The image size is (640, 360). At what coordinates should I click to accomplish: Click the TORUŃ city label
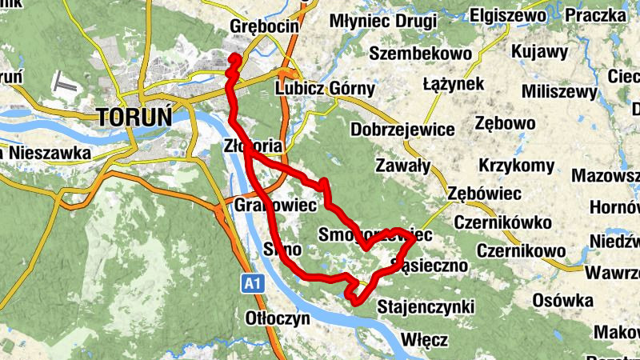(134, 117)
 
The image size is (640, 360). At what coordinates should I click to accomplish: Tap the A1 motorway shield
(253, 282)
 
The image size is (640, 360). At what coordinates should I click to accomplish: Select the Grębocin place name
(263, 26)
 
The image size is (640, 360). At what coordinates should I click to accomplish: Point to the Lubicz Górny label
(324, 89)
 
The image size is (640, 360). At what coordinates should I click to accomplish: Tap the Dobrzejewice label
(402, 129)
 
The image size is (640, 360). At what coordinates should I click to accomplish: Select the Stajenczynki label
(426, 306)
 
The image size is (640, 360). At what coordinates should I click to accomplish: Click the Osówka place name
(562, 300)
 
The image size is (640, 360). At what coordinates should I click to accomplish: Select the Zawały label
(403, 166)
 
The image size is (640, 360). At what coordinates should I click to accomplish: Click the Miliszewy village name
(554, 91)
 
